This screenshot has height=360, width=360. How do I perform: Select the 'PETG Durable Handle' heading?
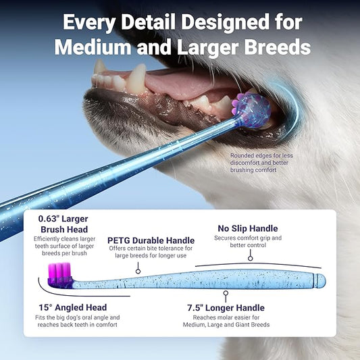click(x=151, y=240)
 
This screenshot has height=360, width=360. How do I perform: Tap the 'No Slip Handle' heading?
click(x=247, y=228)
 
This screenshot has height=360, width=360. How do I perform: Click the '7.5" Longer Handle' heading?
click(x=226, y=308)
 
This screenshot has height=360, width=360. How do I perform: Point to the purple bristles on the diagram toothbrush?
click(x=58, y=272)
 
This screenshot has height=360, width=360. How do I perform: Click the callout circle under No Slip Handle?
click(x=250, y=258)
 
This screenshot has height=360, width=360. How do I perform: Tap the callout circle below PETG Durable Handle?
click(x=138, y=271)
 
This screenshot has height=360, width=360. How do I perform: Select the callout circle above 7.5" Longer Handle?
click(x=226, y=293)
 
